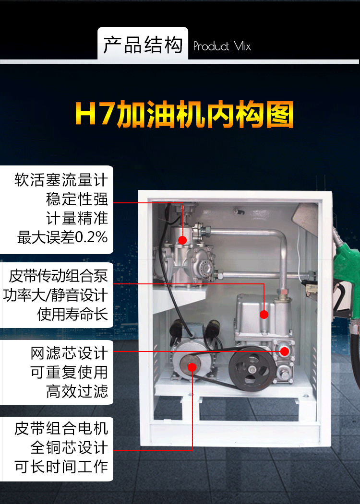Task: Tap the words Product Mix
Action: [x=222, y=46]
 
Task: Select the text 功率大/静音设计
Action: [x=56, y=295]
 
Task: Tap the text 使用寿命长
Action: [x=72, y=314]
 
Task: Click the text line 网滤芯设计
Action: [x=69, y=353]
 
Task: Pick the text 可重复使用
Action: [x=69, y=372]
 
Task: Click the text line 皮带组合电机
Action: [x=61, y=428]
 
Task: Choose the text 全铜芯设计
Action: [x=69, y=447]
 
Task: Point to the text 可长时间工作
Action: [x=61, y=467]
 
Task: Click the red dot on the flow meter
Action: [x=182, y=240]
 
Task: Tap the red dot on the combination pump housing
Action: [x=264, y=315]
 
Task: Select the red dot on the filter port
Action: [x=284, y=351]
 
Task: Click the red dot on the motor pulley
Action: [x=192, y=367]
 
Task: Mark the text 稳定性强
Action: [x=77, y=199]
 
